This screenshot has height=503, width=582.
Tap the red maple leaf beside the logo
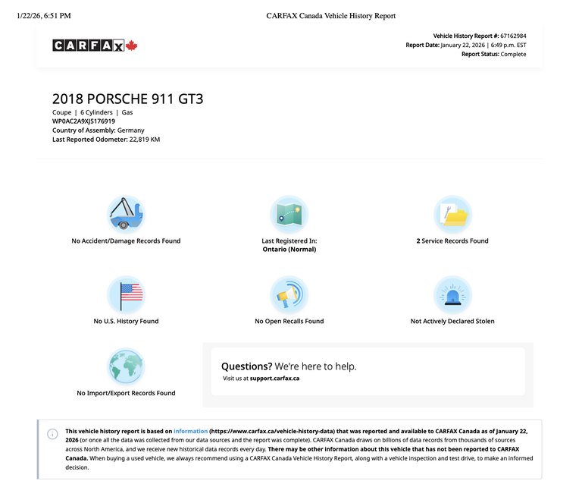(x=131, y=46)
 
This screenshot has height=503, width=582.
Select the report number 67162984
(x=512, y=36)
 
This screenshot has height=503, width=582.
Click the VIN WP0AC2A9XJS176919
(x=83, y=121)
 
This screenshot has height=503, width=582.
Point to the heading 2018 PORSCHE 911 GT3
(x=127, y=99)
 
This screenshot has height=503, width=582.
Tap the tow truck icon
(x=126, y=213)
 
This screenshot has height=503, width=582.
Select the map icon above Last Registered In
(x=289, y=213)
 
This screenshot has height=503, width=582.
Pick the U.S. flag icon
(x=126, y=294)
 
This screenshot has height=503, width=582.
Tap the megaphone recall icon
(x=289, y=294)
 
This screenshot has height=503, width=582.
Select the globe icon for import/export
(x=126, y=366)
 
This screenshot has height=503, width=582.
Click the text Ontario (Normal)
(x=289, y=249)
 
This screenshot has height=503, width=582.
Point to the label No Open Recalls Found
(x=289, y=321)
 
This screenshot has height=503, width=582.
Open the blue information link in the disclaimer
(x=190, y=430)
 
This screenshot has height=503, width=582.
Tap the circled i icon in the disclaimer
(x=52, y=434)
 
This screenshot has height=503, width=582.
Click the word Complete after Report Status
(x=513, y=54)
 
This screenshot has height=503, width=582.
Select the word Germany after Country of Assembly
(x=130, y=130)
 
